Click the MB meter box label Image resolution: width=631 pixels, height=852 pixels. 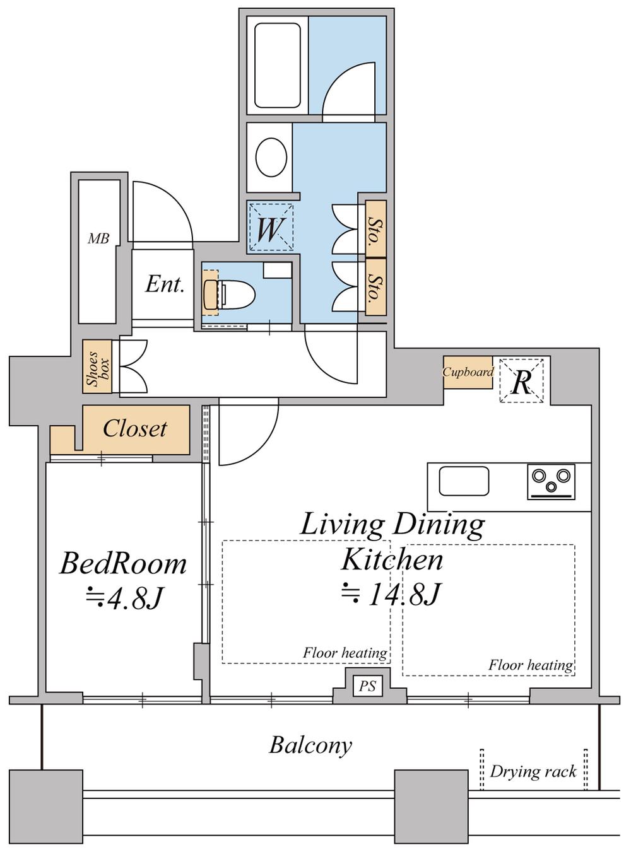(98, 238)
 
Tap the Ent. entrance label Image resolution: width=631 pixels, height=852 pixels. (164, 284)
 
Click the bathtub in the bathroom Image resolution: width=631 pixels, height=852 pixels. (277, 66)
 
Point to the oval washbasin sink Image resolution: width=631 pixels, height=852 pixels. (271, 157)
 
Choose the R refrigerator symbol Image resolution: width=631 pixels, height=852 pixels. (521, 381)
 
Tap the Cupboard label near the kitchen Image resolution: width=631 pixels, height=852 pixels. (468, 372)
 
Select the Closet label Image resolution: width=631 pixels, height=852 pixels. (135, 428)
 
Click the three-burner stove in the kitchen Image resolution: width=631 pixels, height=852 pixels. (551, 482)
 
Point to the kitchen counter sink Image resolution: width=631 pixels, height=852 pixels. (464, 481)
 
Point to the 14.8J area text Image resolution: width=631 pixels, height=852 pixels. (391, 595)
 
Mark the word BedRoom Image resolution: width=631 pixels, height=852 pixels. (123, 563)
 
